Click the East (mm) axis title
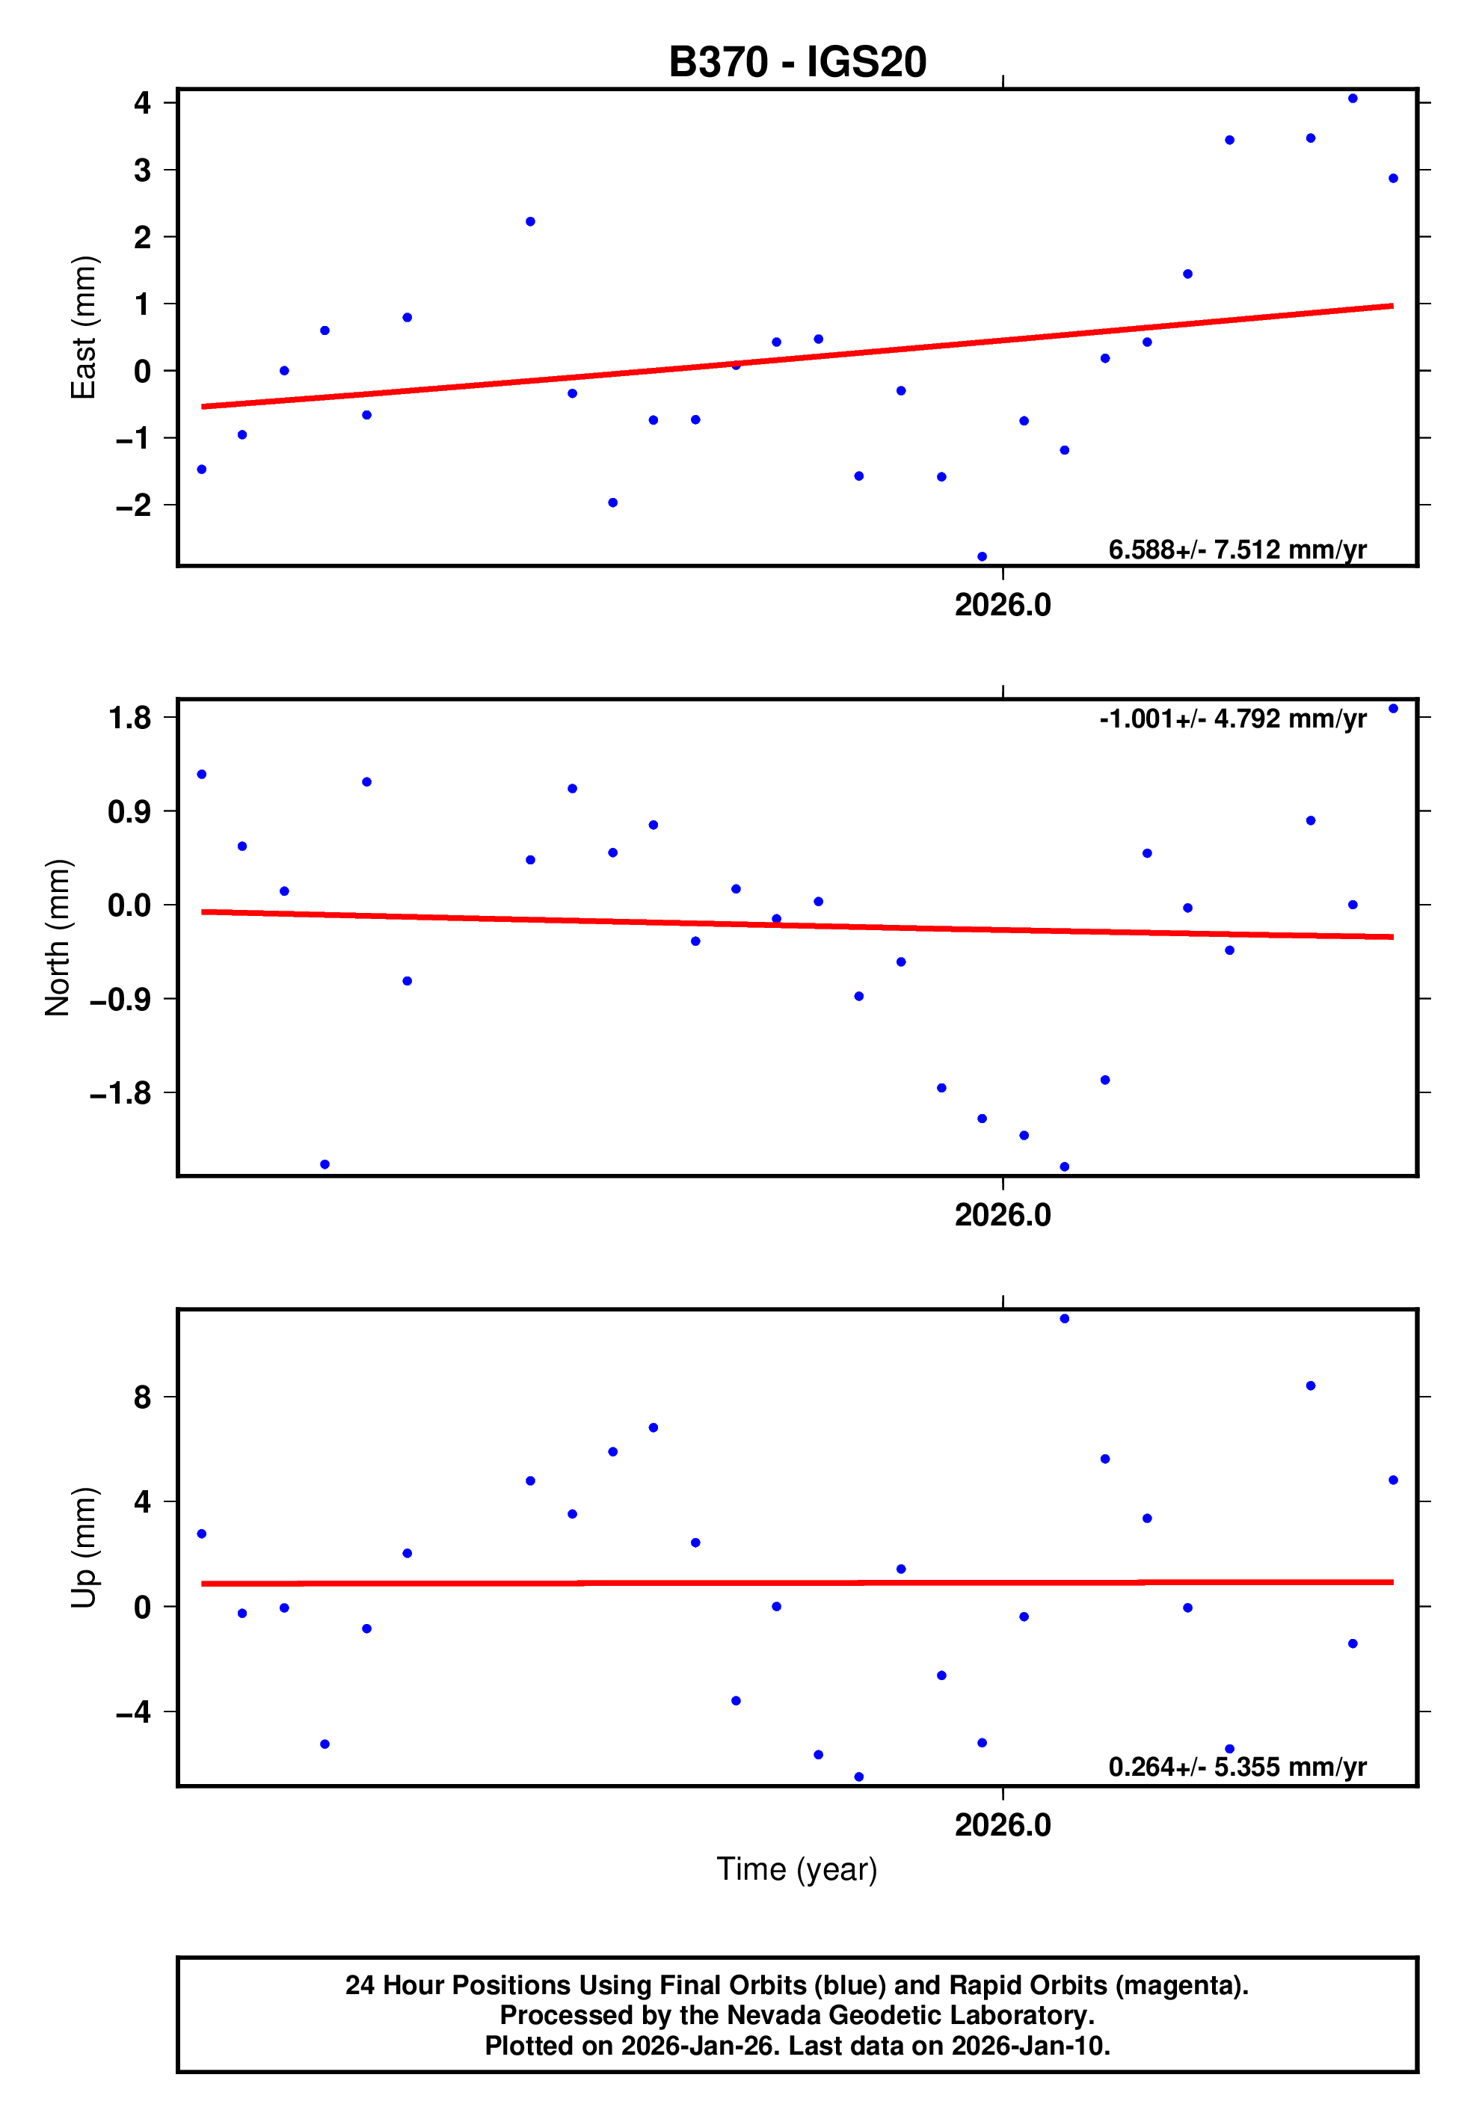click(x=84, y=327)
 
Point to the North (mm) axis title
click(x=58, y=937)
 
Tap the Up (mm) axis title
click(x=84, y=1548)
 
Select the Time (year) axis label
click(x=796, y=1869)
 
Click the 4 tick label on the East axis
click(x=142, y=102)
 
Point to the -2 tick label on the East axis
click(x=133, y=505)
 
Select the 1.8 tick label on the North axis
click(x=129, y=717)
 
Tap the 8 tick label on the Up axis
click(x=142, y=1397)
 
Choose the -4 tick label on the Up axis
click(x=133, y=1712)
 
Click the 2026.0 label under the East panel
click(x=1003, y=606)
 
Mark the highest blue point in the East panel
click(x=1353, y=99)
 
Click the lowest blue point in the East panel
click(x=983, y=556)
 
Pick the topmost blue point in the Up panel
click(x=1064, y=1319)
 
